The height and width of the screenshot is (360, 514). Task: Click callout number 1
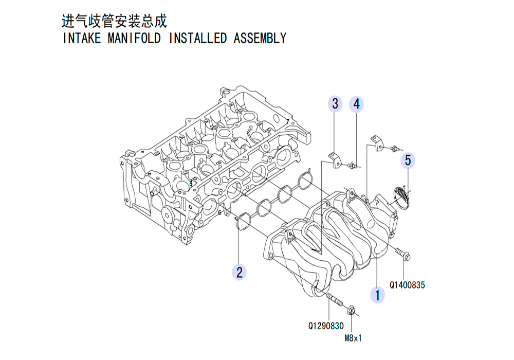378,295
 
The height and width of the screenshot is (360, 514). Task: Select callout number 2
239,272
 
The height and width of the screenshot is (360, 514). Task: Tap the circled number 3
335,104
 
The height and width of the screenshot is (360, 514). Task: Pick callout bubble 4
356,104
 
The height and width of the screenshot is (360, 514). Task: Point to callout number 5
408,160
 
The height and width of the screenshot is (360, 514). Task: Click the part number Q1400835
407,285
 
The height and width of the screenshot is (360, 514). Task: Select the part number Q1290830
326,326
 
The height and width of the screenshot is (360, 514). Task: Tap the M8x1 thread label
353,338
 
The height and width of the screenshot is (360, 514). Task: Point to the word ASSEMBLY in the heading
260,39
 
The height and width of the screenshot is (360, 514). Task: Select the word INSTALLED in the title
197,39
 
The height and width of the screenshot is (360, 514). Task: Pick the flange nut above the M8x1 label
351,310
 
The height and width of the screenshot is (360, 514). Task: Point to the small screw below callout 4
353,165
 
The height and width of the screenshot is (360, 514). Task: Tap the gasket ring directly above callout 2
242,221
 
